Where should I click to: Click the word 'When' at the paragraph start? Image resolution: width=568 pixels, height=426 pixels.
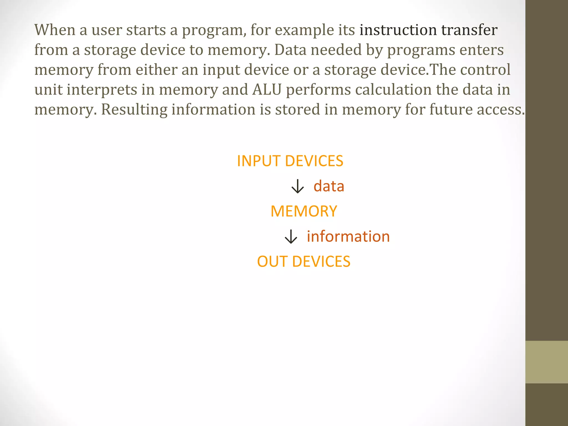pyautogui.click(x=55, y=30)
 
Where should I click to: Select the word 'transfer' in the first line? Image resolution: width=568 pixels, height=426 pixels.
pyautogui.click(x=469, y=30)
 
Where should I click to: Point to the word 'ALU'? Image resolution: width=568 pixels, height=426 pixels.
pyautogui.click(x=267, y=90)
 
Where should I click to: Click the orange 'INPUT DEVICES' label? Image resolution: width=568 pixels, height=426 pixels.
pyautogui.click(x=290, y=161)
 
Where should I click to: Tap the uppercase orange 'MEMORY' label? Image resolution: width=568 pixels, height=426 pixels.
pyautogui.click(x=304, y=211)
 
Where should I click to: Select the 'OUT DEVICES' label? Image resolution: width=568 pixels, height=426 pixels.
pyautogui.click(x=304, y=262)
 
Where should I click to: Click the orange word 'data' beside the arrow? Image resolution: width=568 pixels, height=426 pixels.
pyautogui.click(x=329, y=186)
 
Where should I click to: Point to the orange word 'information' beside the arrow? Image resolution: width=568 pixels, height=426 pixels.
pyautogui.click(x=348, y=237)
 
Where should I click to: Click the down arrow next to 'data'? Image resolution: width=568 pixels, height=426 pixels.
pyautogui.click(x=298, y=186)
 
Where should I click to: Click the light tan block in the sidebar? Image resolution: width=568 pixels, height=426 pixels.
pyautogui.click(x=546, y=362)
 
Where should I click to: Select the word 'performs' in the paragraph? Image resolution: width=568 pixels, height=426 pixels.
pyautogui.click(x=318, y=90)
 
